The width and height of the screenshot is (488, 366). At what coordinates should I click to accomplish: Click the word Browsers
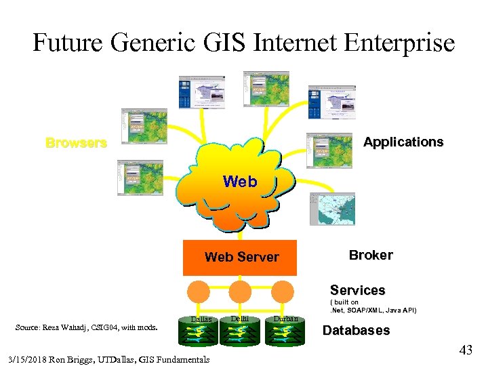coord(76,143)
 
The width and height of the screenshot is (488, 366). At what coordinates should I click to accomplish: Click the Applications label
coord(403,142)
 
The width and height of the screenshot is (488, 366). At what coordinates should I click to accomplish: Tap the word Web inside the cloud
coord(240,182)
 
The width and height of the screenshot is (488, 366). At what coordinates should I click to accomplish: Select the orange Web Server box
coord(240,258)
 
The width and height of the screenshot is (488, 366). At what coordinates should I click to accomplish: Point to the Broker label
coord(370,255)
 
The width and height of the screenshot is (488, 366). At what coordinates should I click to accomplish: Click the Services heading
coord(357,290)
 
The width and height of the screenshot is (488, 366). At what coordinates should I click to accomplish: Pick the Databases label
coord(356,331)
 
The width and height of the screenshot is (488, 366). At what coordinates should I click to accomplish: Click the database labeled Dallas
coord(201,333)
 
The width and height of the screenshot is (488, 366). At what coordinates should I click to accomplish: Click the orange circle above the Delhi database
coord(240,292)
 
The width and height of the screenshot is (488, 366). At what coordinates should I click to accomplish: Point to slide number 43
coord(466,350)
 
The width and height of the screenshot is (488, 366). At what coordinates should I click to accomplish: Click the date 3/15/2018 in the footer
coord(27,359)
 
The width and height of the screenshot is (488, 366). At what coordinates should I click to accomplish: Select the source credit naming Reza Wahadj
coord(86,328)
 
